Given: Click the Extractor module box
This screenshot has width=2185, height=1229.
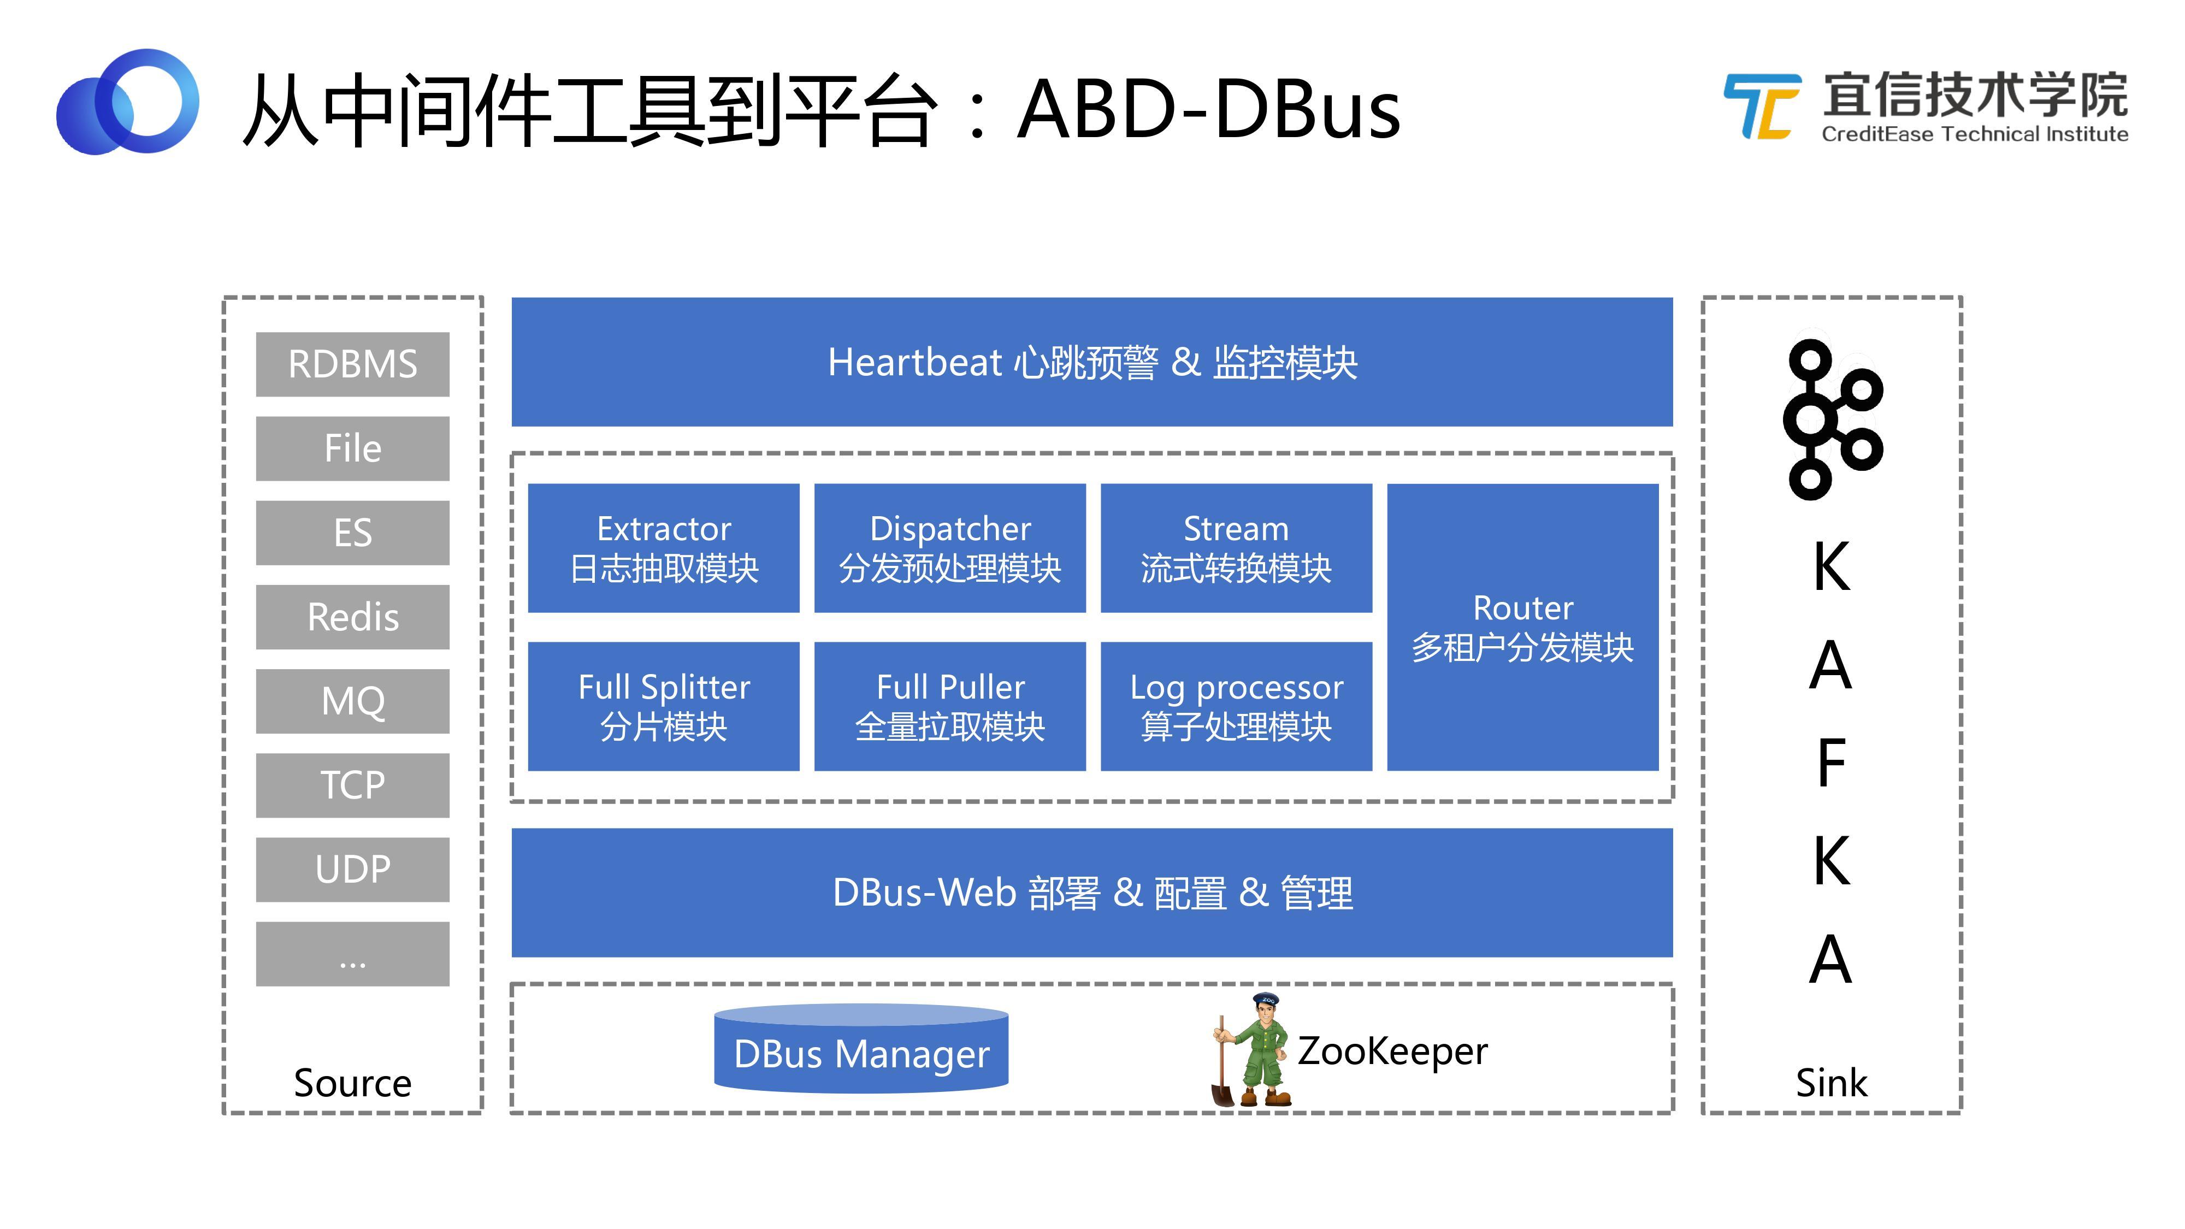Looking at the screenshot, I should pyautogui.click(x=663, y=548).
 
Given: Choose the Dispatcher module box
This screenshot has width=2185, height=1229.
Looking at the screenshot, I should pyautogui.click(x=949, y=548).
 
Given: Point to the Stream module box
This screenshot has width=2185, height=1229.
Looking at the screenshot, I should pyautogui.click(x=1236, y=548).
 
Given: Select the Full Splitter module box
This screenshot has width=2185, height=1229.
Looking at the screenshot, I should pyautogui.click(x=663, y=706).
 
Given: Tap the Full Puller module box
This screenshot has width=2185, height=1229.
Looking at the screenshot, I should pyautogui.click(x=949, y=706).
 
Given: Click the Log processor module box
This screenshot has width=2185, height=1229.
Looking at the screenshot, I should pyautogui.click(x=1236, y=706).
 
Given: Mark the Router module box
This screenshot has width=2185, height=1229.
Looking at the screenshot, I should pyautogui.click(x=1522, y=627).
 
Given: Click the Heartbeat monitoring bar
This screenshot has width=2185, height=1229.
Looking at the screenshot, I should pyautogui.click(x=1091, y=362).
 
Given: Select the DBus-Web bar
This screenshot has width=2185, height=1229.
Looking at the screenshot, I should pyautogui.click(x=1091, y=893).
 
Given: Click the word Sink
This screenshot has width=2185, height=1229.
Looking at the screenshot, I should pyautogui.click(x=1831, y=1083).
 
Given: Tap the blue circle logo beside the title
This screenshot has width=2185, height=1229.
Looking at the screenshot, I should pyautogui.click(x=127, y=102).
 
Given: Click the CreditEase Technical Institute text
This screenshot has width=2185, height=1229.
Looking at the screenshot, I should pyautogui.click(x=1975, y=134).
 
